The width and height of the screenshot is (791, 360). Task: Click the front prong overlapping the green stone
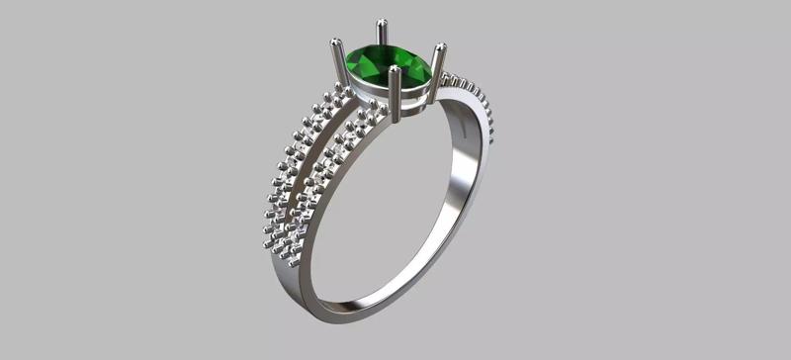coord(395,94)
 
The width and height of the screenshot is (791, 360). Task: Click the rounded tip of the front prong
coord(395,71)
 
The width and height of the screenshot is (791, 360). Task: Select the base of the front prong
coord(395,117)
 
